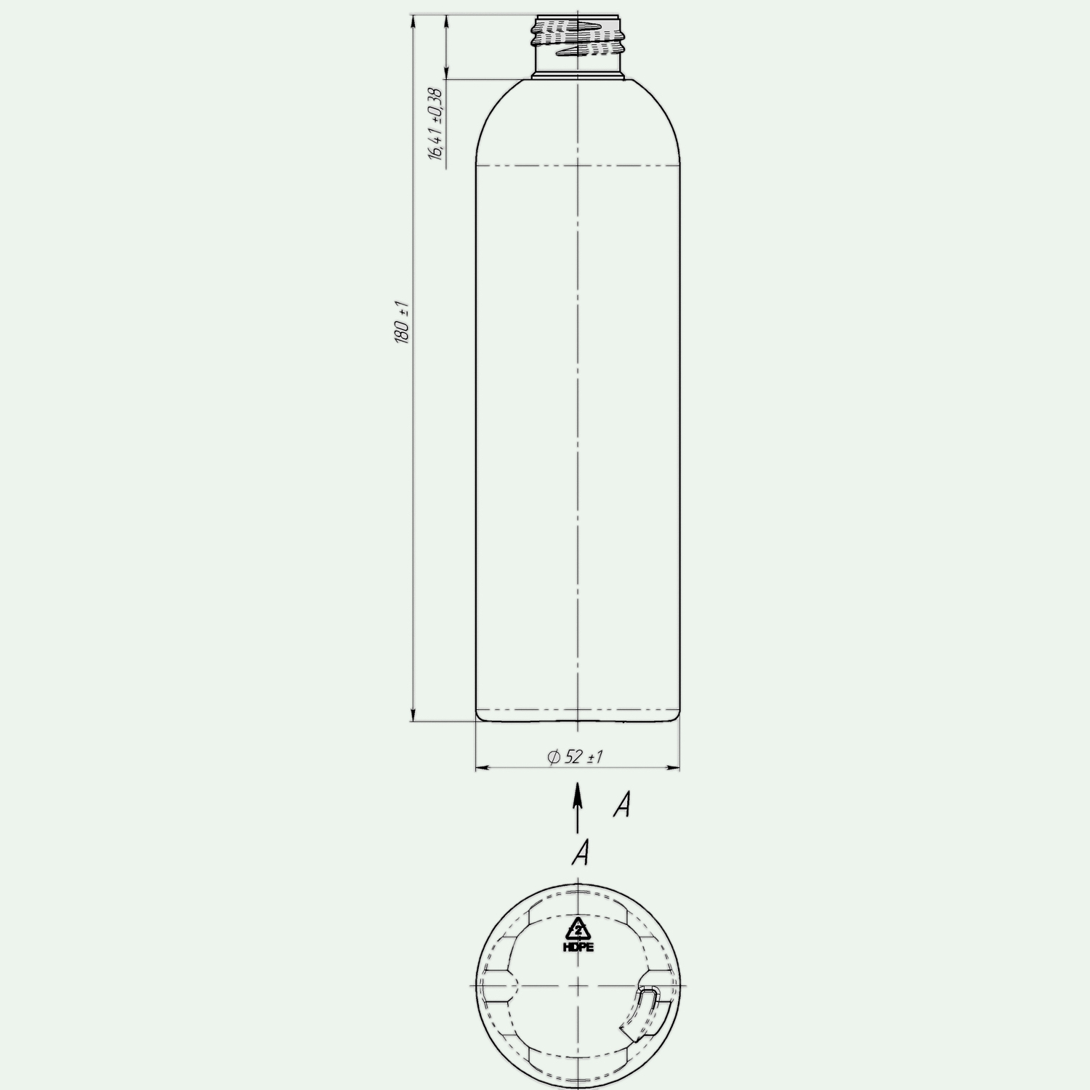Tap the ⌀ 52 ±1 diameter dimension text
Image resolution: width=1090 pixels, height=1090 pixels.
point(576,757)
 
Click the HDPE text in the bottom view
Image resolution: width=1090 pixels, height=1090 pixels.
point(578,948)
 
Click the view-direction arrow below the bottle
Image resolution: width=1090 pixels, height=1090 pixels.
point(578,807)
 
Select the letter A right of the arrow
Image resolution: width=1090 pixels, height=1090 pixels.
point(621,804)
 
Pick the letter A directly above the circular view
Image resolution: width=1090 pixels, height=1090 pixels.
point(580,852)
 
